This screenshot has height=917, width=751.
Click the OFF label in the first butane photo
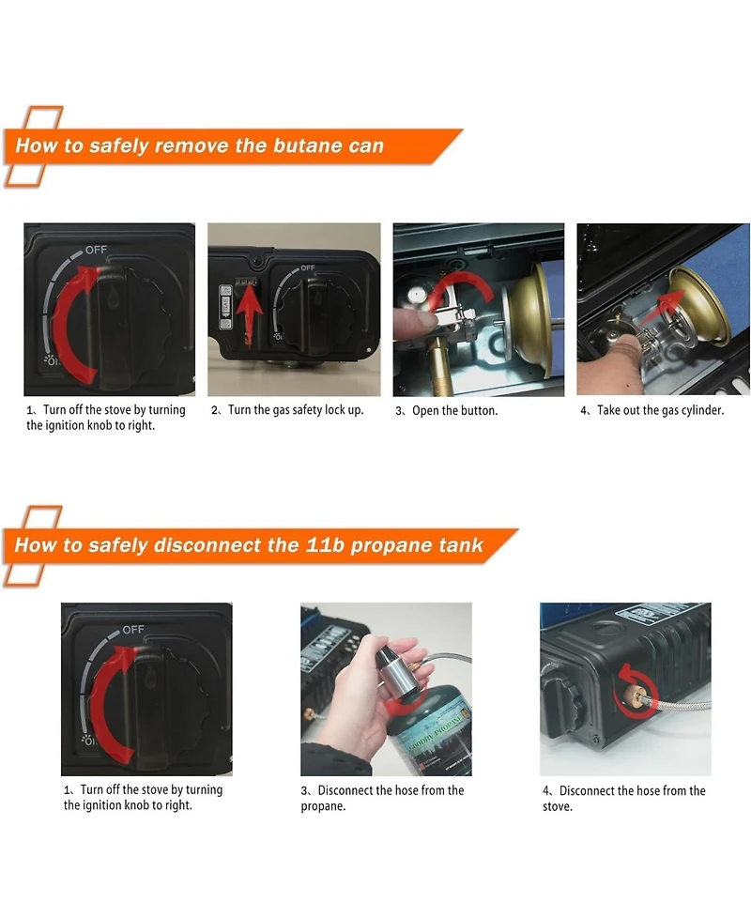coord(96,250)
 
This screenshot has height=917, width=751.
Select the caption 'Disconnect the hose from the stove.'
coord(624,799)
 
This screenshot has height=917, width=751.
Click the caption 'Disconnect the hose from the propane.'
coord(382,798)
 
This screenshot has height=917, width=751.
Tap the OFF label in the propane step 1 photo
coord(132,629)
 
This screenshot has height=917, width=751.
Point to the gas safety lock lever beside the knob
coord(225,304)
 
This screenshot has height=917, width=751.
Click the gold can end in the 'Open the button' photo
coord(529,320)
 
